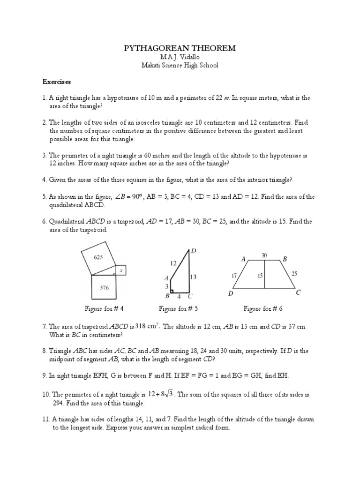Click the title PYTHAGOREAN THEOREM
coord(180,48)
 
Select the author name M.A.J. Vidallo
coord(180,57)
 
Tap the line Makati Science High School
coord(180,65)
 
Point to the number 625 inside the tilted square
coord(98,257)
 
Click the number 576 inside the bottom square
coord(104,287)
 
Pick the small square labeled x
coord(121,270)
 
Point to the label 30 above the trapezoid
coord(264,255)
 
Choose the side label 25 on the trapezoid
coord(294,273)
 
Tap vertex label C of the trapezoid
coord(298,293)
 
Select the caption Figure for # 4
coord(104,308)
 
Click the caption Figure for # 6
coord(263,308)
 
